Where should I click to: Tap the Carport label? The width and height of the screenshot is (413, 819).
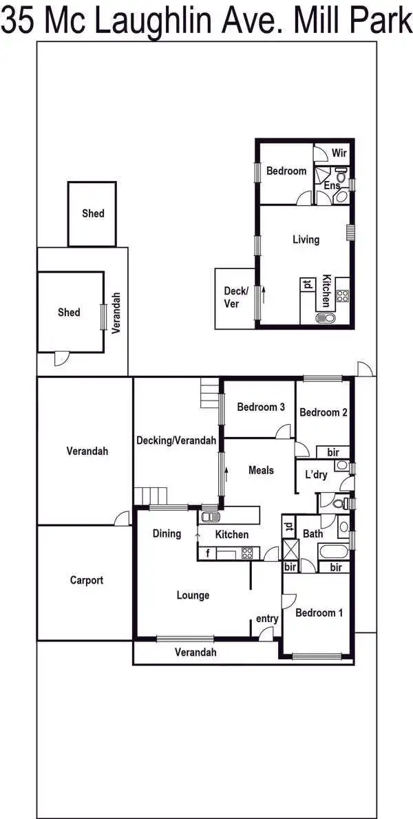[x=87, y=580]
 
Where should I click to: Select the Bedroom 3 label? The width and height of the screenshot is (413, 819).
[x=261, y=407]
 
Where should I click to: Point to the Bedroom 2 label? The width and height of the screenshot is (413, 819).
[x=323, y=412]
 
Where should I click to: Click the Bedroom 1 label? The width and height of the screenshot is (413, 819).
[x=319, y=613]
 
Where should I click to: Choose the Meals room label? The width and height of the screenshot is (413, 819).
[x=261, y=470]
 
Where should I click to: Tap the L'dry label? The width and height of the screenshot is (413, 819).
[x=316, y=474]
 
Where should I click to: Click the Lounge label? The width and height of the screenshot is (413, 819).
[x=193, y=595]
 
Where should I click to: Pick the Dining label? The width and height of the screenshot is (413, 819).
[x=167, y=533]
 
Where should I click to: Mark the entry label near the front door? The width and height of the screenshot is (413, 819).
[x=267, y=619]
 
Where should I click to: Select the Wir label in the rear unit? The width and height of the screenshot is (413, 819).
[x=339, y=153]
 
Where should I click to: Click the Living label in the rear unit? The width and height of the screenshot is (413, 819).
[x=306, y=240]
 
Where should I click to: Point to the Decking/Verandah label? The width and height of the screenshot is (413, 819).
[x=176, y=440]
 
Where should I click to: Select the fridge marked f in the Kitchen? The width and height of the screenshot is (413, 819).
[x=206, y=553]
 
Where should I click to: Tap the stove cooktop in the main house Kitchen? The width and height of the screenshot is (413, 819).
[x=246, y=552]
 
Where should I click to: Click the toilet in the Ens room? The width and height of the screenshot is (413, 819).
[x=341, y=196]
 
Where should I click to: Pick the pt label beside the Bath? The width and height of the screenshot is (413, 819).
[x=288, y=529]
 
